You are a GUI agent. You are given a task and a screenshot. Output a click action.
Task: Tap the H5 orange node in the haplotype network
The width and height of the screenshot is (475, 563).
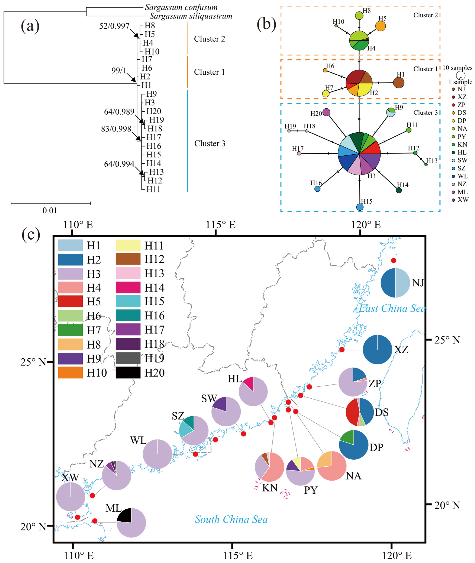380,26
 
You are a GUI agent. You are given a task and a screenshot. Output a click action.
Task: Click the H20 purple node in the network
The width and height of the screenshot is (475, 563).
326,112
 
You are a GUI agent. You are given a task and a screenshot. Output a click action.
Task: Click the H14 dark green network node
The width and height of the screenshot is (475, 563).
399,190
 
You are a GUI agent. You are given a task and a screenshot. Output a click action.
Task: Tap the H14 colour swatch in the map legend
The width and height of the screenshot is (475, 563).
128,287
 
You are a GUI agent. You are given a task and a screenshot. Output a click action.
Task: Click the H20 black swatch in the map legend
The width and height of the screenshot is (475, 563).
128,372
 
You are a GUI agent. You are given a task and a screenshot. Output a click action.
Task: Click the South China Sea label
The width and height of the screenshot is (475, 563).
231,519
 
